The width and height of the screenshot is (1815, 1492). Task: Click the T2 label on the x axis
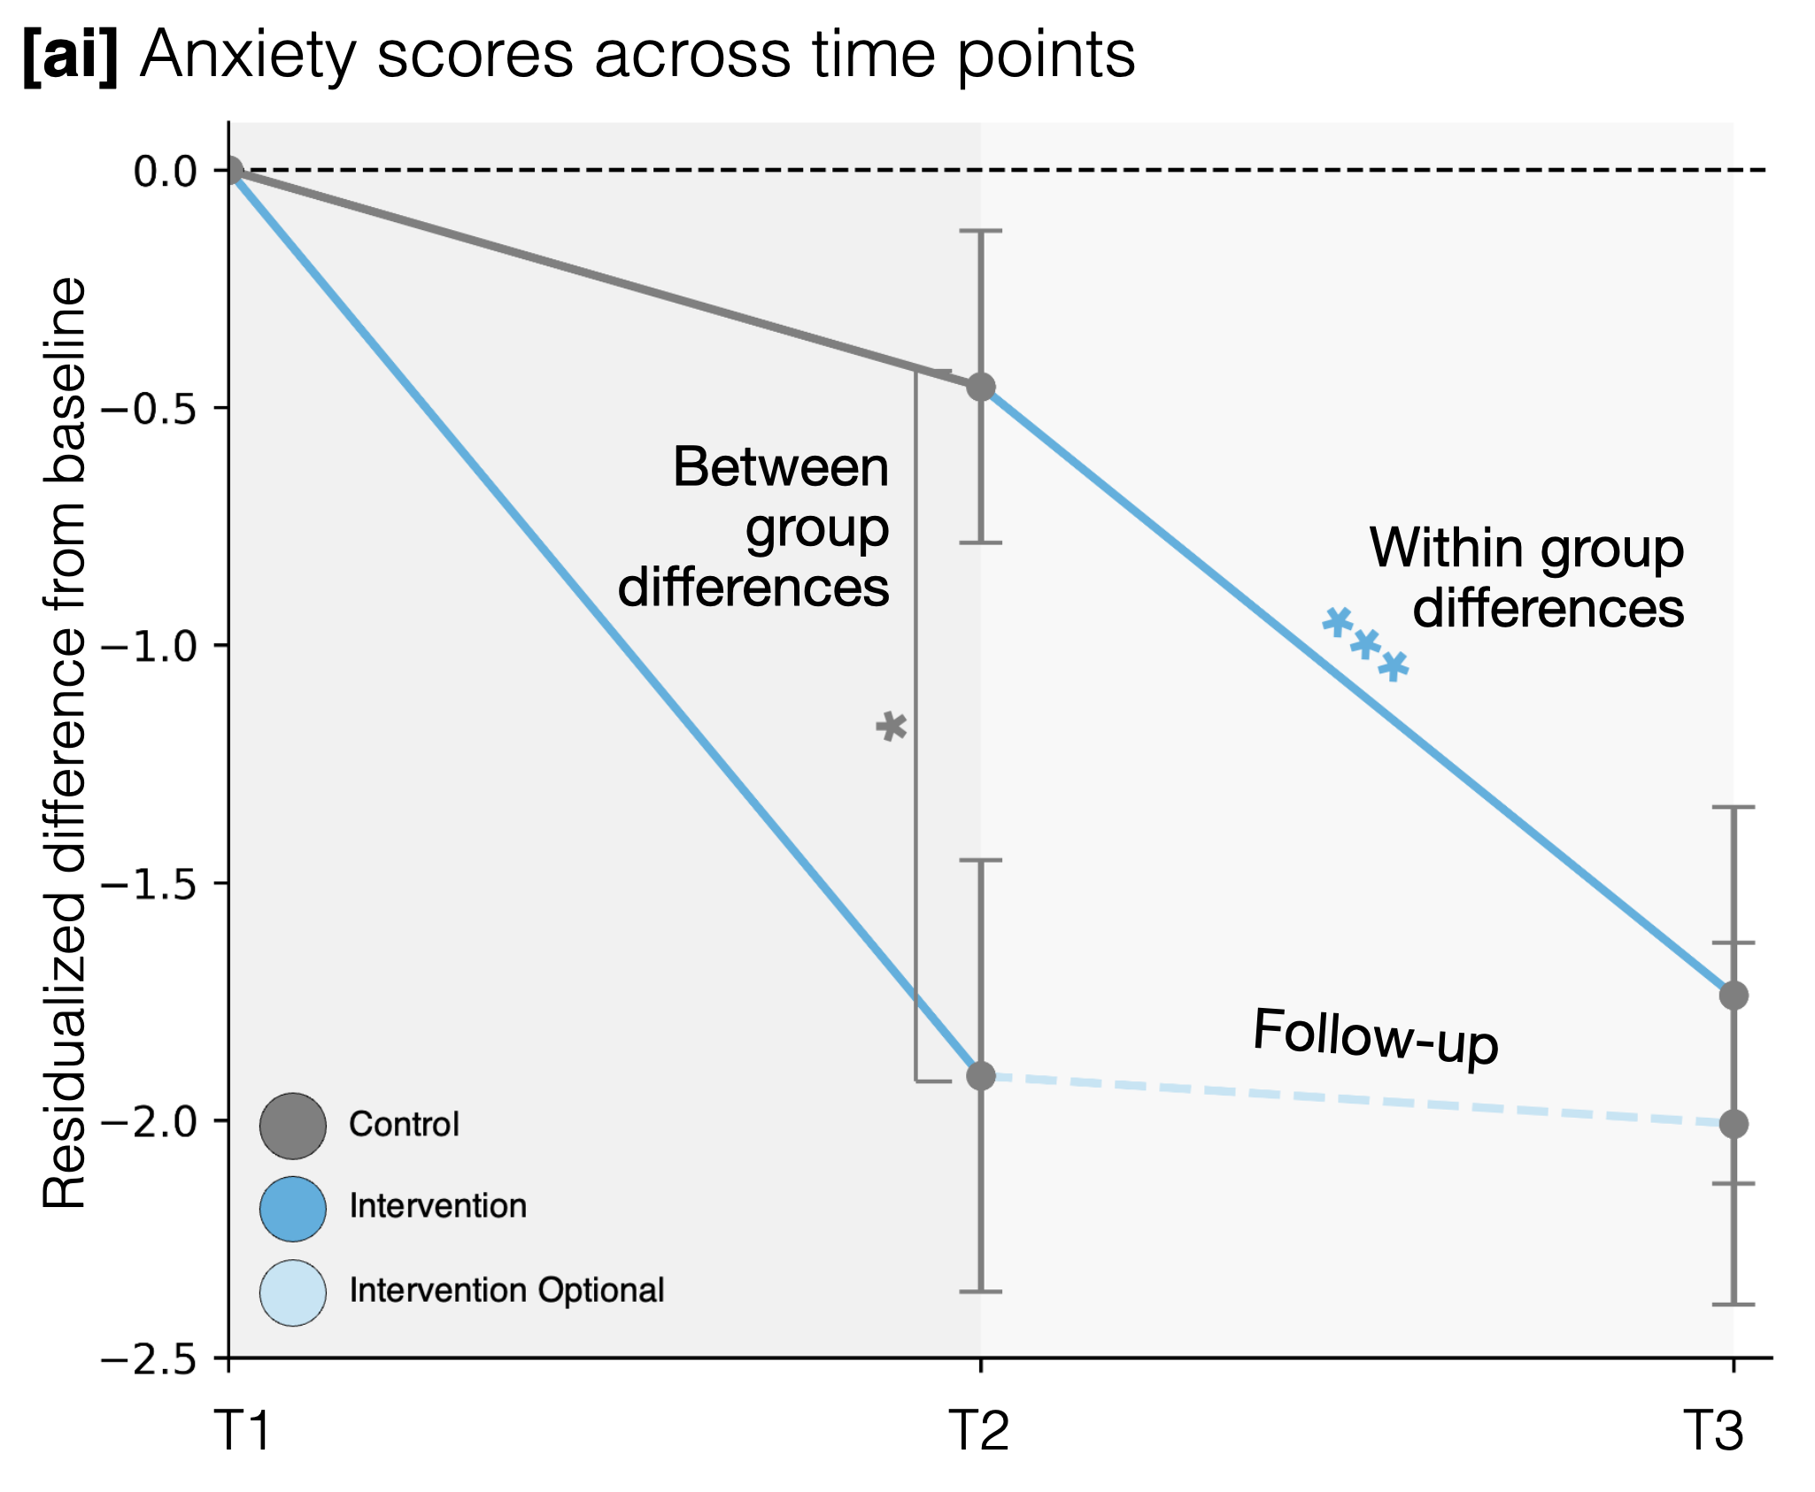pyautogui.click(x=979, y=1431)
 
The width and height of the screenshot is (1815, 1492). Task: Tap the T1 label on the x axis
pyautogui.click(x=243, y=1431)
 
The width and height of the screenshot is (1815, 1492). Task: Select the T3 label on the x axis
pyautogui.click(x=1713, y=1431)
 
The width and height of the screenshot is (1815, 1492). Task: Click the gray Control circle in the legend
pyautogui.click(x=293, y=1126)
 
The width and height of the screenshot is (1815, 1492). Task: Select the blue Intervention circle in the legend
pyautogui.click(x=293, y=1209)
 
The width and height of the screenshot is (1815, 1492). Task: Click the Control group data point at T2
pyautogui.click(x=981, y=387)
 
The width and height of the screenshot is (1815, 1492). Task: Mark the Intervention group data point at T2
pyautogui.click(x=981, y=1076)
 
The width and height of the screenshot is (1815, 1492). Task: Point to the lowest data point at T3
pyautogui.click(x=1734, y=1124)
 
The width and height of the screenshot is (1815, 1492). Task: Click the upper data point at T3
pyautogui.click(x=1734, y=995)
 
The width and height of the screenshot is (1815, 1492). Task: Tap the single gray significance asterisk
pyautogui.click(x=892, y=727)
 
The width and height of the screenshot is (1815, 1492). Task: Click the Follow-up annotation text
pyautogui.click(x=1375, y=1036)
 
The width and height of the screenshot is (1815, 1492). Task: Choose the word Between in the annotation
pyautogui.click(x=780, y=467)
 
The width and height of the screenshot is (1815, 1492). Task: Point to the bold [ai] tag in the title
pyautogui.click(x=70, y=56)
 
